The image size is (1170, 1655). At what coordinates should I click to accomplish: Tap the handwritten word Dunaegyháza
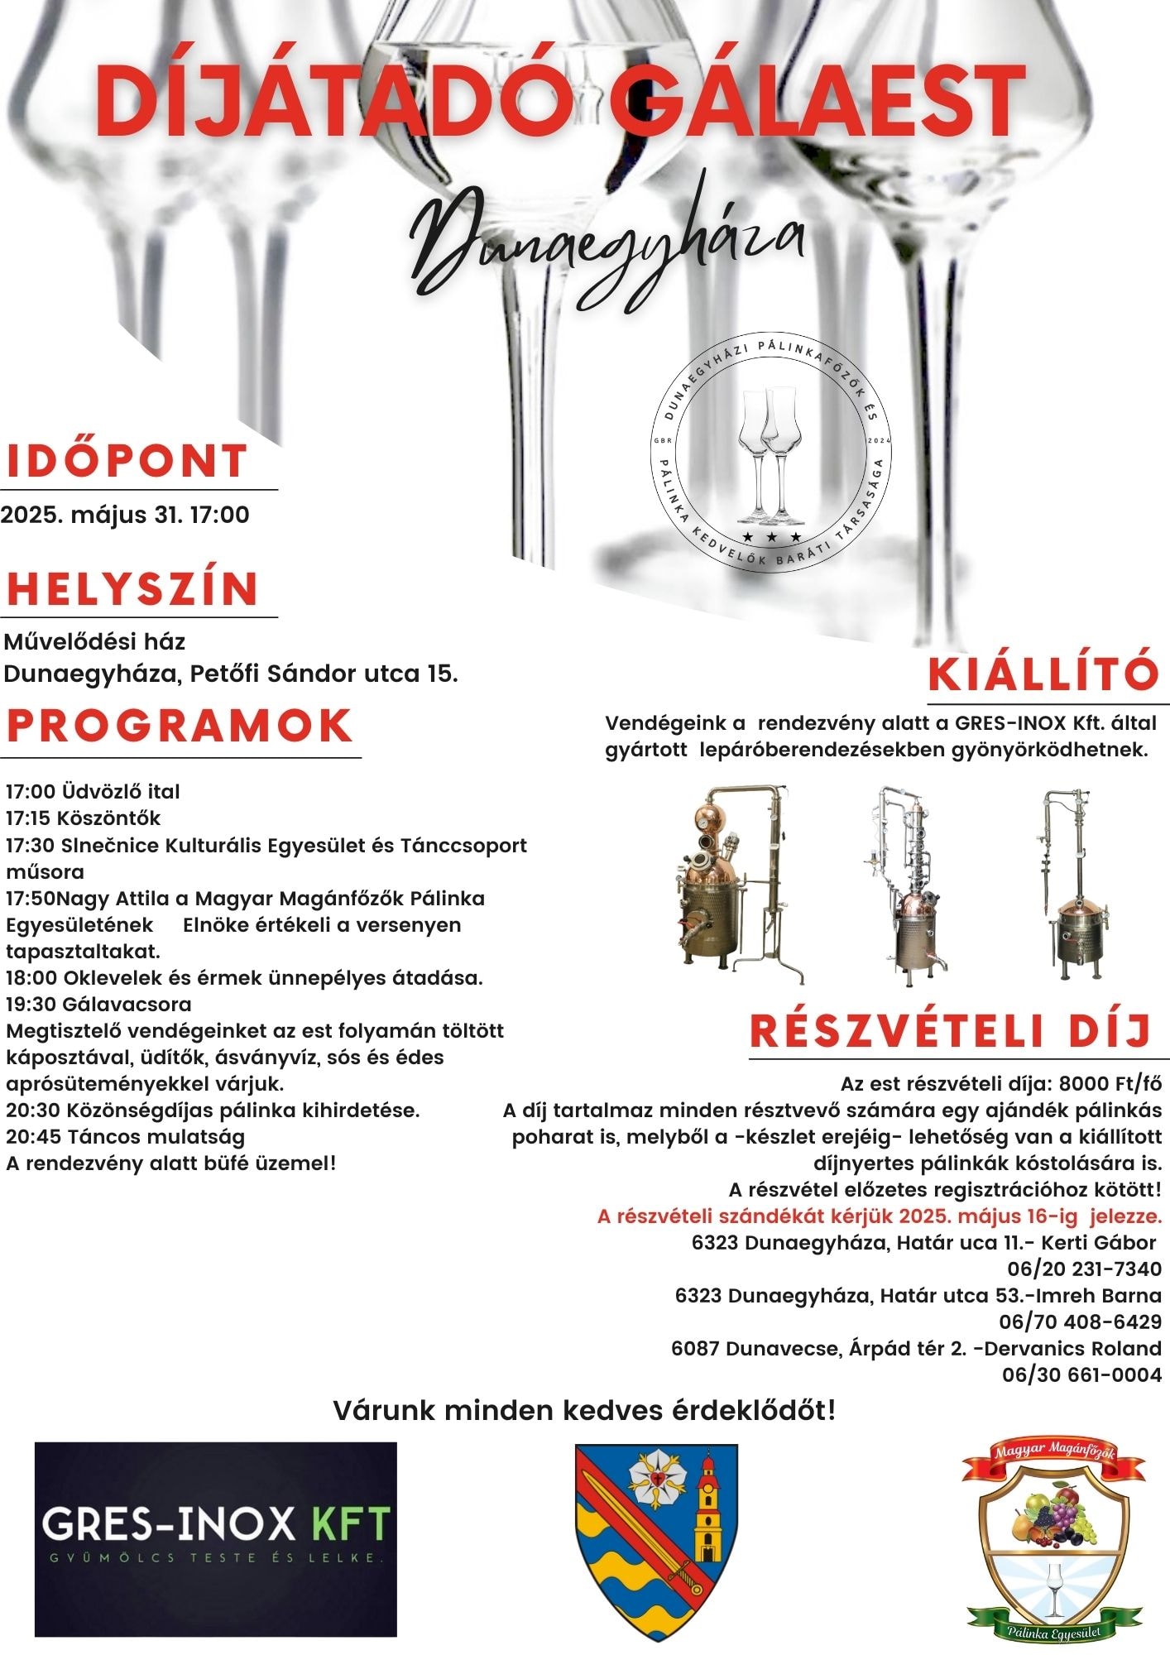coord(608,240)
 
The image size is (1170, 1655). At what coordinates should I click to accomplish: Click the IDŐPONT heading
coord(127,462)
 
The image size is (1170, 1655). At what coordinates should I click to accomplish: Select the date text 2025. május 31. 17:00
coord(125,515)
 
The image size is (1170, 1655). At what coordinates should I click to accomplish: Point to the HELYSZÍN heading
coord(133,588)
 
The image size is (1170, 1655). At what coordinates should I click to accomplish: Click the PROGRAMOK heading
coord(180,726)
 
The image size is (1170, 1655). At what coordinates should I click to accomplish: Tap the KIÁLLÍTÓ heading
coord(1043,674)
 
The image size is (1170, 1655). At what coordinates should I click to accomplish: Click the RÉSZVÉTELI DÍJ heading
coord(951,1031)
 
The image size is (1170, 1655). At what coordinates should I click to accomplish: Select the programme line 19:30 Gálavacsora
coord(98,1005)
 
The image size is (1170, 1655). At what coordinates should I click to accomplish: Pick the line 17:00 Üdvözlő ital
coord(93,792)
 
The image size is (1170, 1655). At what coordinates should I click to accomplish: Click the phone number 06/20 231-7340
coord(1084,1269)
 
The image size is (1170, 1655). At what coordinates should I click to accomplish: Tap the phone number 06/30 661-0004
coord(1081,1374)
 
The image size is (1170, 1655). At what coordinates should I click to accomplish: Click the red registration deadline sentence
coord(879,1216)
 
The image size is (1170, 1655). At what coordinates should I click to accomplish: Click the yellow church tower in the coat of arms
coord(707,1510)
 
